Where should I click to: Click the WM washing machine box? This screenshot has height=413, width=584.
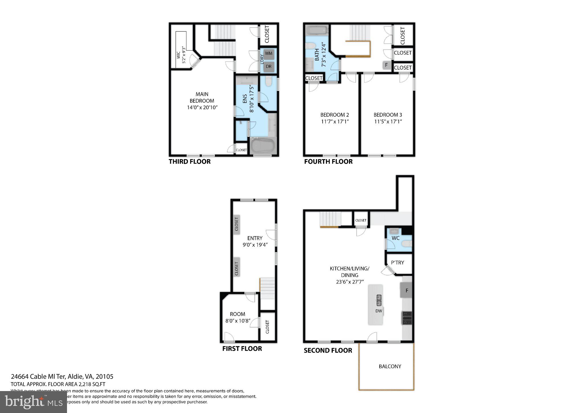268,53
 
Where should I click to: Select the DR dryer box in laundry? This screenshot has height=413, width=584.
268,66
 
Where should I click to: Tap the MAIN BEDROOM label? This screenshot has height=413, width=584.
202,97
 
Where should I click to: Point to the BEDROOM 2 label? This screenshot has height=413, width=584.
334,115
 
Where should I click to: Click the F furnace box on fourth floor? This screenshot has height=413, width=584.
386,65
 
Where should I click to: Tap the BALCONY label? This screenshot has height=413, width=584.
390,367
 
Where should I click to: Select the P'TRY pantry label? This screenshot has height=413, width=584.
398,263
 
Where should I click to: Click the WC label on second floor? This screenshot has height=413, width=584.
396,238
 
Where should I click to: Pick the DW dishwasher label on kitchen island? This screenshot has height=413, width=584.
378,311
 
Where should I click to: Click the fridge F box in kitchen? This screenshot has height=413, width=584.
406,290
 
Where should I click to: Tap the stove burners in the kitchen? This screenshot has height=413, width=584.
407,318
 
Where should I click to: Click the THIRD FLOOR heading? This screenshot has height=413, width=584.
190,162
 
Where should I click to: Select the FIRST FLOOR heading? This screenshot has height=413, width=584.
242,349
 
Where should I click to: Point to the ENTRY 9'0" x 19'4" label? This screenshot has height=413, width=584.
255,242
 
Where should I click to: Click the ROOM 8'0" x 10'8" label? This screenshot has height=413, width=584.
238,317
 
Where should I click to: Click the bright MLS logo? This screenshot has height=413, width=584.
33,402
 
